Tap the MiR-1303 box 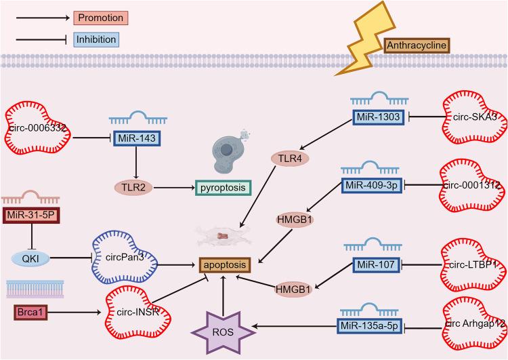click(381, 118)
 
